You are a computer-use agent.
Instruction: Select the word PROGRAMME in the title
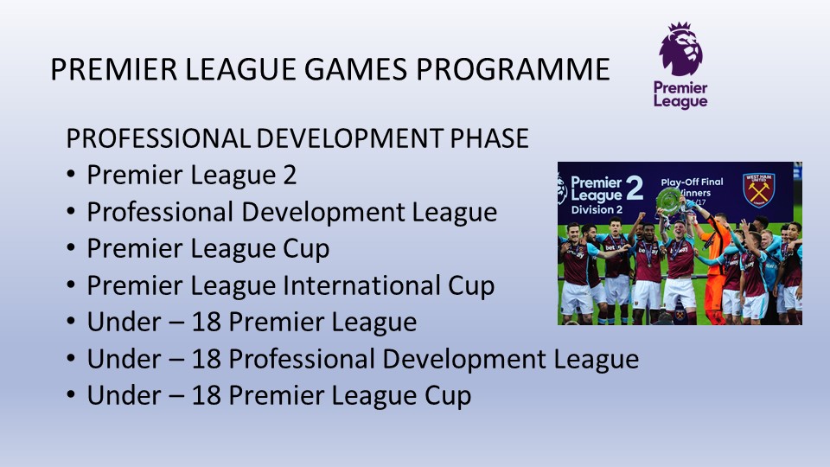[513, 69]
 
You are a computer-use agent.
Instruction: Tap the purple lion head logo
[680, 48]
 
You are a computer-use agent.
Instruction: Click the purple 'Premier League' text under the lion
[680, 95]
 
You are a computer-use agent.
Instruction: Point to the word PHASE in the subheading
[489, 138]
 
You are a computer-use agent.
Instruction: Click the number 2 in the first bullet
[290, 176]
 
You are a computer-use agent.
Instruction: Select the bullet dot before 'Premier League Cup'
[72, 249]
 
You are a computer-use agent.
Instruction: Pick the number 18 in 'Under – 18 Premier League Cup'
[206, 395]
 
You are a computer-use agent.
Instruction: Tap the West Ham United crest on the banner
[758, 189]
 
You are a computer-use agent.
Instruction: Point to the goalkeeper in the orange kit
[714, 265]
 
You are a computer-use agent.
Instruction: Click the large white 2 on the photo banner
[634, 188]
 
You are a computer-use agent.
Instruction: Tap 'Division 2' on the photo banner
[597, 209]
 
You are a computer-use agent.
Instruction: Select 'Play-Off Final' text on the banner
[692, 182]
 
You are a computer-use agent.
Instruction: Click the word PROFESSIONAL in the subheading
[157, 138]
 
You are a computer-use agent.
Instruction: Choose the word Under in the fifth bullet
[124, 323]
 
